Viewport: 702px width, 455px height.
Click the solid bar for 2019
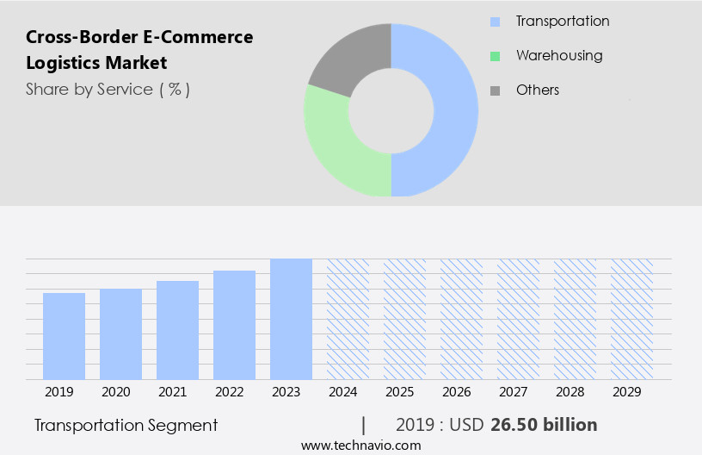pos(64,336)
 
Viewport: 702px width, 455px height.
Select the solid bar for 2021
pos(177,330)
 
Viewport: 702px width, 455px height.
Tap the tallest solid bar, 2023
pos(291,319)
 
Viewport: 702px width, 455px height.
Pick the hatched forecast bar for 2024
pos(348,319)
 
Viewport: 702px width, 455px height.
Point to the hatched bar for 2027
pos(518,319)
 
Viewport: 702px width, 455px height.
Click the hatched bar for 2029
pos(631,319)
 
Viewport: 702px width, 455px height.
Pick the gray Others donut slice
pos(348,56)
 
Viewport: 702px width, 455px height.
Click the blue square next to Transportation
pos(495,22)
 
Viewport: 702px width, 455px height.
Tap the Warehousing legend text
pos(559,55)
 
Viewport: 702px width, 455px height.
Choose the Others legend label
pos(538,90)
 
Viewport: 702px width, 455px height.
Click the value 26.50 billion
pos(544,425)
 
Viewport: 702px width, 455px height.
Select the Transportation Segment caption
pos(126,425)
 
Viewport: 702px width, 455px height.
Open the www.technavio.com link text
pos(360,446)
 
